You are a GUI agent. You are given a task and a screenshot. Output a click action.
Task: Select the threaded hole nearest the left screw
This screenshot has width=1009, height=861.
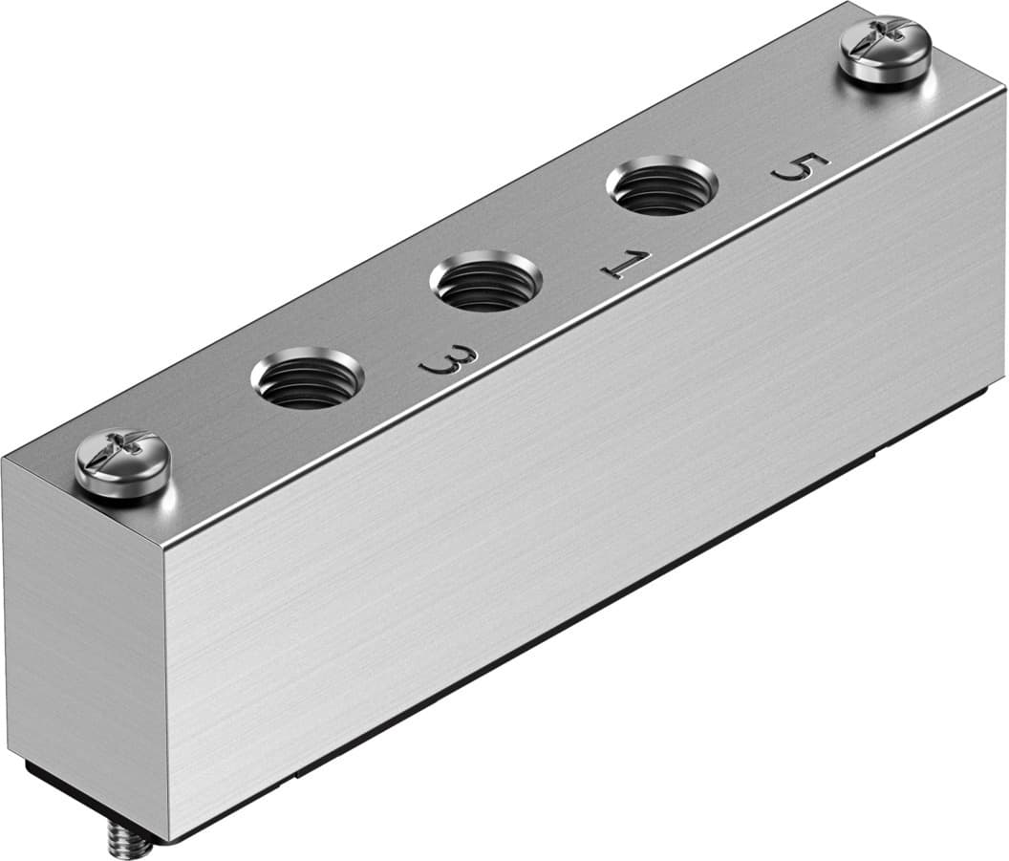click(x=307, y=377)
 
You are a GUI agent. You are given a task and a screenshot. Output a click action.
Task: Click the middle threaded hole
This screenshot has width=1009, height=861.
click(x=486, y=280)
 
